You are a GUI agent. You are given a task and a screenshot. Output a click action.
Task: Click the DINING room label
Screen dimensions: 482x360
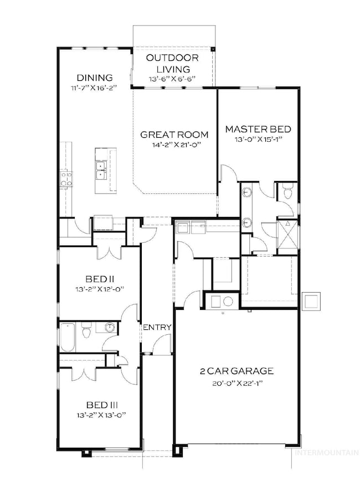95,78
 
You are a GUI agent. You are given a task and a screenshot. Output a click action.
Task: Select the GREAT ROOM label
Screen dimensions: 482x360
174,134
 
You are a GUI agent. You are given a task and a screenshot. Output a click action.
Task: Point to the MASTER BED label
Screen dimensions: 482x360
258,129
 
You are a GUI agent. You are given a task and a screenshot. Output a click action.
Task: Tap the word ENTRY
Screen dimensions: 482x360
157,328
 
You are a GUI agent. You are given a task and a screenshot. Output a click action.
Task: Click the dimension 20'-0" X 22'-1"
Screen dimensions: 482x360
239,383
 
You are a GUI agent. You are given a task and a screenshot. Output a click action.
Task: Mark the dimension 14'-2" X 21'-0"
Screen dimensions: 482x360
174,144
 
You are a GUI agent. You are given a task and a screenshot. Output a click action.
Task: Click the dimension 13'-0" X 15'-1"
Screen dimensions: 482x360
258,139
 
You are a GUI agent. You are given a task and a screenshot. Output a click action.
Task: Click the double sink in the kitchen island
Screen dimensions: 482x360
101,170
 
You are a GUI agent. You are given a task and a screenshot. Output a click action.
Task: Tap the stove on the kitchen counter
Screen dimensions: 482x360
65,178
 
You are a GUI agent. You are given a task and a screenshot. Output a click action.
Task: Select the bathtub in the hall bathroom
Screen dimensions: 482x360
67,338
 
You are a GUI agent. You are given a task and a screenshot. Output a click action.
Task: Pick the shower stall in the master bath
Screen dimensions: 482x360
287,232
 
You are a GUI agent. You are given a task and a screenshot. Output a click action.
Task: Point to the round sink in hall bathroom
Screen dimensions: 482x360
111,328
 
